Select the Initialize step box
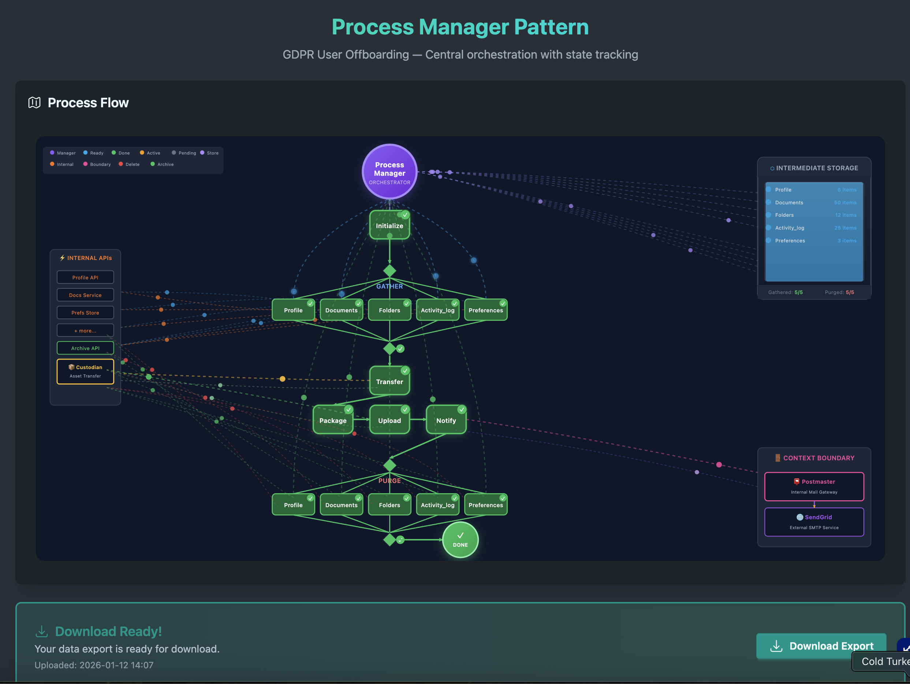point(389,226)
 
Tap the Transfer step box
point(389,382)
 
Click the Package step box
point(333,420)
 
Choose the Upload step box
point(389,420)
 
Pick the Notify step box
point(446,420)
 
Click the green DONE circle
point(460,539)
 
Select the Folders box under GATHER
point(389,310)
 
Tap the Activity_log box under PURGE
point(437,505)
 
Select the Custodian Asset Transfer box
point(85,371)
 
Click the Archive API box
point(85,348)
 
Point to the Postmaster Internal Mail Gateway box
point(814,487)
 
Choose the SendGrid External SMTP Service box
point(814,522)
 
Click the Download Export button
point(821,646)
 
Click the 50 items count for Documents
point(845,202)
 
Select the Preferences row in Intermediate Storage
point(790,240)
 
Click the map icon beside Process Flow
point(34,103)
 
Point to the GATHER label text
point(389,286)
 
